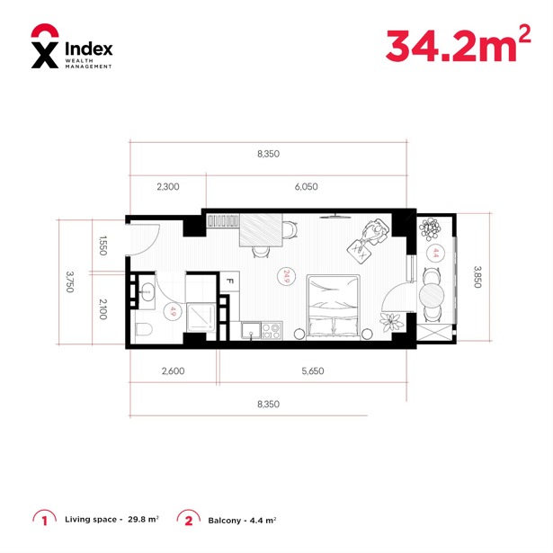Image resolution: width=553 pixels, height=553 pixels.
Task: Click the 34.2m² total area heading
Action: [458, 45]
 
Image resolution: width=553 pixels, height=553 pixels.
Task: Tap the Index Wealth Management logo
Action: [72, 46]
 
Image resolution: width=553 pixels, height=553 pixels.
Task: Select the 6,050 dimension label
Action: [306, 186]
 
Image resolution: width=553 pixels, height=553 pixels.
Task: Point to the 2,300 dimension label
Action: [168, 186]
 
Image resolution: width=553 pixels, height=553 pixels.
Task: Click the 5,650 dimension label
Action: [313, 371]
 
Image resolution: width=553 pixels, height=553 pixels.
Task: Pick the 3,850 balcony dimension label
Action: [477, 277]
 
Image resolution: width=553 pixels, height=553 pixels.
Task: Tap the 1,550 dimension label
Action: [103, 245]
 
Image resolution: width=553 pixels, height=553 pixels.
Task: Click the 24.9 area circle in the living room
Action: [286, 276]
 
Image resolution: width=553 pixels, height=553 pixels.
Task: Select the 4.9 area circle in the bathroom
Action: [173, 311]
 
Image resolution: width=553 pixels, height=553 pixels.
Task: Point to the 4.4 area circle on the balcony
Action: [435, 253]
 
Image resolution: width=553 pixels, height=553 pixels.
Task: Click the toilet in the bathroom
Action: [144, 330]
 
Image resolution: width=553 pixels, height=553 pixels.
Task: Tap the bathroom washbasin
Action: [147, 291]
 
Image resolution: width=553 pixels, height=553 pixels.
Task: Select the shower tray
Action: [201, 317]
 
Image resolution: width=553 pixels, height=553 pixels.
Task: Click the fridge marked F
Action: [229, 281]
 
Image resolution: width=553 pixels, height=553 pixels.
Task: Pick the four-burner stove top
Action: [272, 331]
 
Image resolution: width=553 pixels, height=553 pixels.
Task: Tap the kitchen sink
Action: [251, 331]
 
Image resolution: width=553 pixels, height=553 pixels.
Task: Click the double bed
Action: [334, 308]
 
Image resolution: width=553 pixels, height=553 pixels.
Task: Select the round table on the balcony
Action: [432, 295]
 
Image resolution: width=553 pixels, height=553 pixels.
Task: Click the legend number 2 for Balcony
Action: [189, 521]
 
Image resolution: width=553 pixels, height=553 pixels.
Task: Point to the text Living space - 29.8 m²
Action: [111, 519]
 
